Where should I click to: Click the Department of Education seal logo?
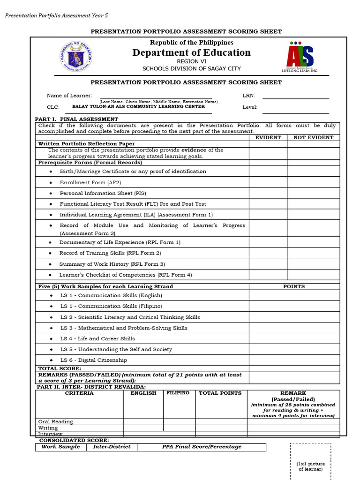click(76, 57)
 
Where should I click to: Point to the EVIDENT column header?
click(268, 138)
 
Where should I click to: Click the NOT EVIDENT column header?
click(314, 138)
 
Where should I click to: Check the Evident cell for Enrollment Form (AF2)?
click(268, 182)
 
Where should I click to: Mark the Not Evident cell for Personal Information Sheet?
click(314, 193)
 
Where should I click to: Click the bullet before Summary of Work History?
click(51, 264)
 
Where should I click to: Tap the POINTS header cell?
click(294, 286)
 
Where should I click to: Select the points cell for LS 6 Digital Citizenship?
click(294, 360)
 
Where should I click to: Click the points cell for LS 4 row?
click(294, 338)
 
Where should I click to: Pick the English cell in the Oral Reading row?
click(143, 421)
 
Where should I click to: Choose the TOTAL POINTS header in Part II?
click(220, 393)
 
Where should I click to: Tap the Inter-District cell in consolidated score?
click(112, 447)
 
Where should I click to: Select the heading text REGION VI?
click(191, 61)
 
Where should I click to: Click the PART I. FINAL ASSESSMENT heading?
click(77, 120)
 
